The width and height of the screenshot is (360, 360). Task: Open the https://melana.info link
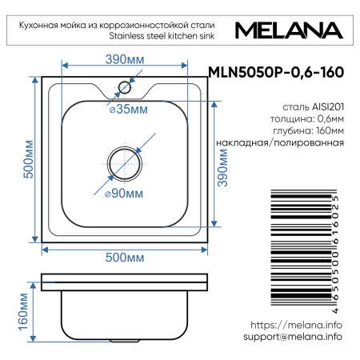point(297,325)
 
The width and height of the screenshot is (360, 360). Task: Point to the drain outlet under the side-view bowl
point(125,342)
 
